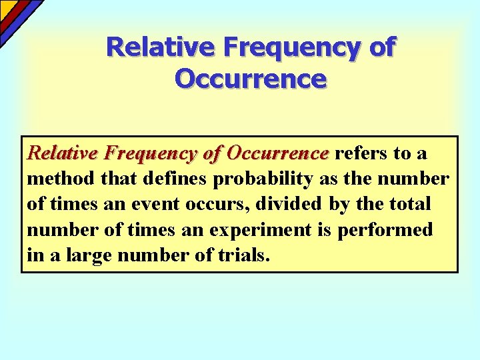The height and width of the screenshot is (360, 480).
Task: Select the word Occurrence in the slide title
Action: click(251, 79)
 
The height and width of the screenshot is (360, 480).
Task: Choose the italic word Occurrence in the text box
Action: click(278, 154)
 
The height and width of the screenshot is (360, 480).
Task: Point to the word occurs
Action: click(216, 205)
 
